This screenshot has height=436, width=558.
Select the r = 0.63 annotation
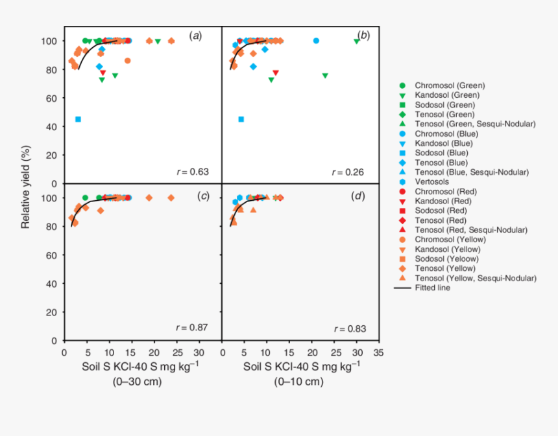192,172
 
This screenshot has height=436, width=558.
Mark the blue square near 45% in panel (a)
78,119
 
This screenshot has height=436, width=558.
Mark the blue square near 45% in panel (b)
241,119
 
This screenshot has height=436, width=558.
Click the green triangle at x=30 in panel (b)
356,41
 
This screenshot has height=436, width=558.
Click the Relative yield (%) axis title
27,183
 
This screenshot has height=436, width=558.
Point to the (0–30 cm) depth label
136,382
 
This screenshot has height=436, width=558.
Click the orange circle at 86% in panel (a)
127,61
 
